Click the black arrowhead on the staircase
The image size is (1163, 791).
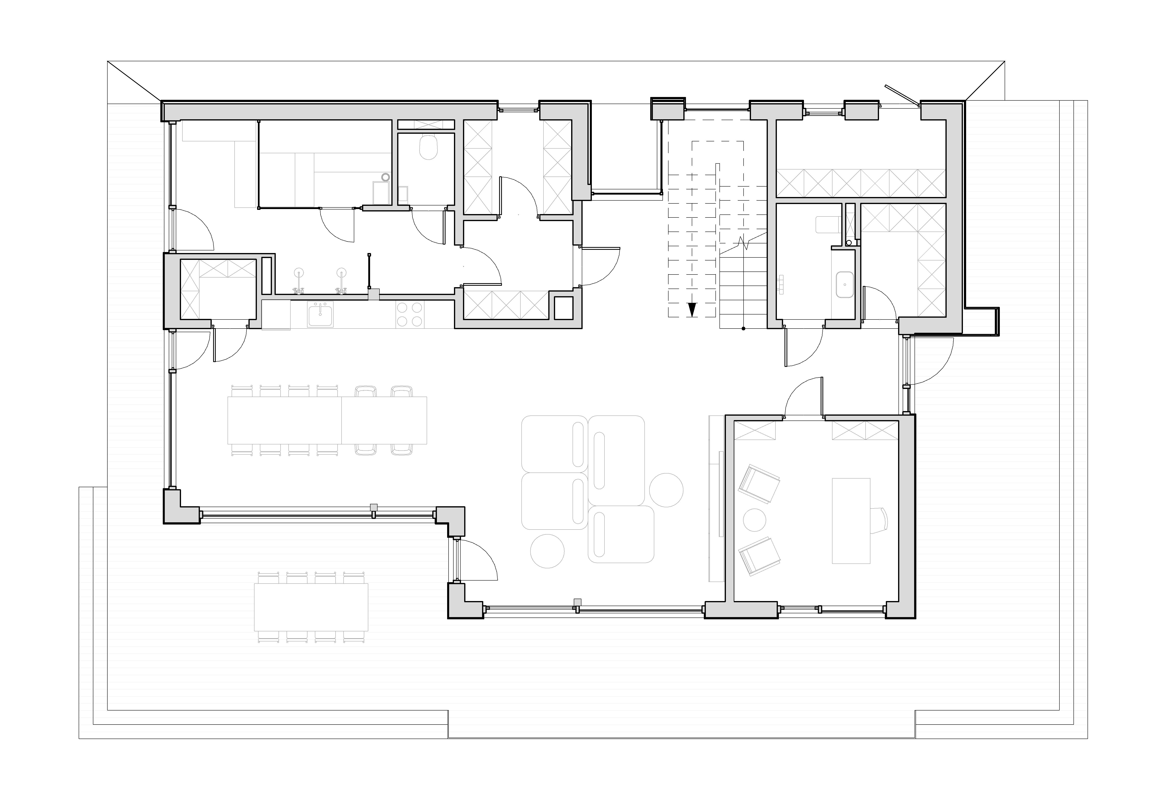[692, 310]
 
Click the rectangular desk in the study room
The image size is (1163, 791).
[851, 521]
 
